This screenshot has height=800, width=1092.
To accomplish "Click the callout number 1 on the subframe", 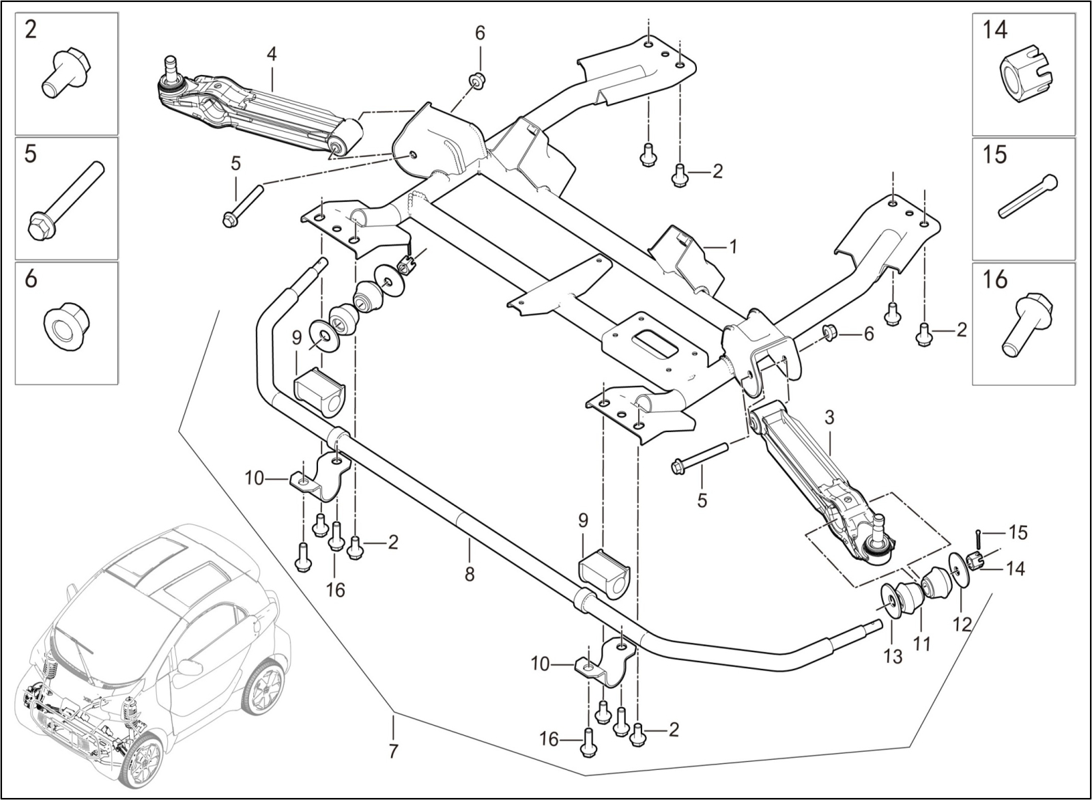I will [733, 246].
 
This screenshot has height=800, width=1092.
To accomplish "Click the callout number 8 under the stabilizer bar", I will [470, 574].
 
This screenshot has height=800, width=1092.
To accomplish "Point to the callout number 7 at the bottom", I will [393, 752].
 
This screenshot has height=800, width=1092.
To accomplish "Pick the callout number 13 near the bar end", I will [893, 656].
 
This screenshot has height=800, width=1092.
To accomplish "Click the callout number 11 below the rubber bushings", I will [923, 643].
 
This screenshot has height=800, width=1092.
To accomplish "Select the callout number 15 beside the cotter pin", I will [1018, 532].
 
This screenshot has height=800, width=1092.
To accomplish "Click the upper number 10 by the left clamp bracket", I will [254, 478].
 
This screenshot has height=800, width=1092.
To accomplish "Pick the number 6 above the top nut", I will [480, 33].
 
